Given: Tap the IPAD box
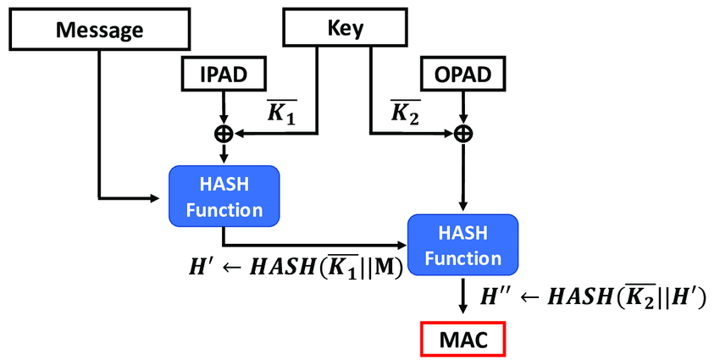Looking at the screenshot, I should point(223,75).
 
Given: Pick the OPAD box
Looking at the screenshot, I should point(462,75).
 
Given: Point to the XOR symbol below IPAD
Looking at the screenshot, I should point(224,133).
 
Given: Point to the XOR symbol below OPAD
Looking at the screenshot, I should point(462,133).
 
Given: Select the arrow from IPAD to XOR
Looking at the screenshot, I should point(224,108).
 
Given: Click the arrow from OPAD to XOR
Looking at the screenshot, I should point(462,108).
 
